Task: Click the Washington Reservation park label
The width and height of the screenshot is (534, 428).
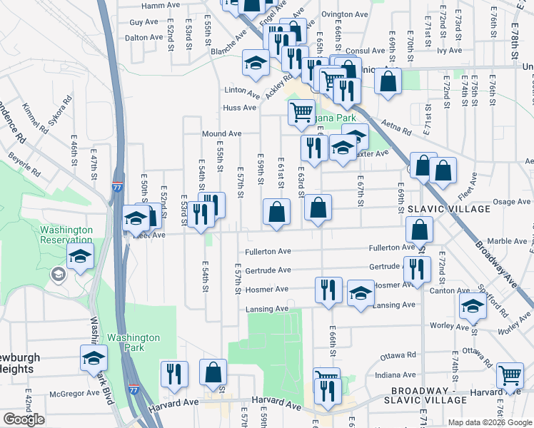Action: click(66, 235)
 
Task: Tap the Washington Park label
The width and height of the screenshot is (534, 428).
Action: click(133, 342)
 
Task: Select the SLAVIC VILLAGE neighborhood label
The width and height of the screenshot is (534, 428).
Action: click(449, 209)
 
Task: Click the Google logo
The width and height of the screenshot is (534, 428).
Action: click(24, 419)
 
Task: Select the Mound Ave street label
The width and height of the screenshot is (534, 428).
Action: click(221, 134)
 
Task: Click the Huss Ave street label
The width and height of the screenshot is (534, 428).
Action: click(239, 108)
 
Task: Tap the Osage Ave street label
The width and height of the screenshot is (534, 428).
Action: click(511, 202)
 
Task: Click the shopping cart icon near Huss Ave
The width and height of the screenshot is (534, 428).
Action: click(301, 112)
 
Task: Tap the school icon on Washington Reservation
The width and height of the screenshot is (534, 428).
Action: click(81, 256)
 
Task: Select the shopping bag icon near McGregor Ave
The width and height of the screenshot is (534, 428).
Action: click(213, 372)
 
